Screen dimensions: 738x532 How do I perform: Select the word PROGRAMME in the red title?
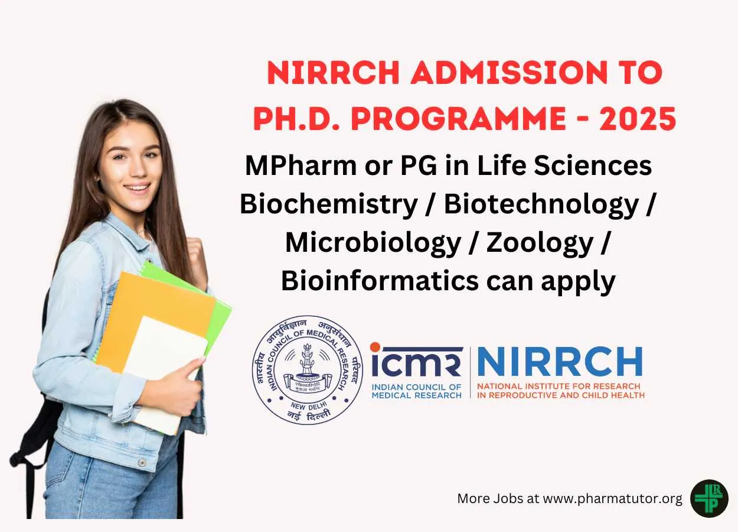(x=458, y=118)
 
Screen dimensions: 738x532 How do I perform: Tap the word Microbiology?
(x=373, y=244)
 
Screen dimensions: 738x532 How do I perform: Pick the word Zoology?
(x=540, y=244)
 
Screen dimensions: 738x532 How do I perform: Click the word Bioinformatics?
(x=380, y=281)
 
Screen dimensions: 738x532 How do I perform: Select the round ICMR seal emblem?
(x=308, y=369)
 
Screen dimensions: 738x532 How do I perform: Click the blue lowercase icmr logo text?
(x=416, y=362)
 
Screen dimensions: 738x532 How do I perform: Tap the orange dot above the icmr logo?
(x=375, y=348)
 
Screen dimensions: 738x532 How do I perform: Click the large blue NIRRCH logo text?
(x=560, y=362)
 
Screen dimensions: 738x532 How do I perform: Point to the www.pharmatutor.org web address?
(x=612, y=498)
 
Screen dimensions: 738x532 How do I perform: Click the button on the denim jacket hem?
(x=142, y=463)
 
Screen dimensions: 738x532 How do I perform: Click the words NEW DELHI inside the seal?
(x=308, y=406)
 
